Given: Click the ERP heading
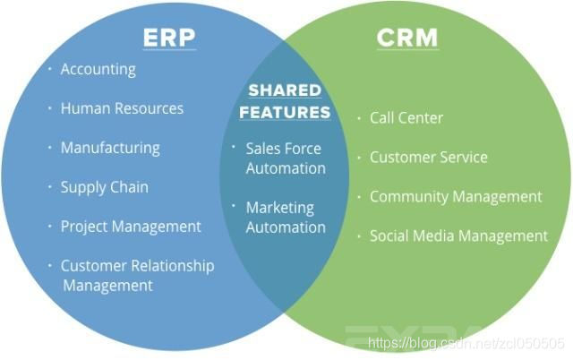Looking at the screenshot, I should point(169,39).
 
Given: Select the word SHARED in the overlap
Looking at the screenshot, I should point(283,91).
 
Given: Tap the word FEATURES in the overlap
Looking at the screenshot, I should point(285,113).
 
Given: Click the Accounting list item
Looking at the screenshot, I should point(98,69).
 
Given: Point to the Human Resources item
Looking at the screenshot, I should point(122,108).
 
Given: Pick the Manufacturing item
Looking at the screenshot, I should point(110,148).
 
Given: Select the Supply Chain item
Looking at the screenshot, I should point(104,187).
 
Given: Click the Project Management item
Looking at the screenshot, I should point(131,227).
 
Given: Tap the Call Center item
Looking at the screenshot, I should point(406,118).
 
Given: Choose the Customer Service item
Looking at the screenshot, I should point(429,158).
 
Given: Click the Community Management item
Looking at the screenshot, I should point(456,197).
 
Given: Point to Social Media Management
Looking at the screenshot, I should point(458,236).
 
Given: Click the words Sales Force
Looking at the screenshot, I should point(283,149).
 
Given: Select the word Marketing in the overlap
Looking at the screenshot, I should point(280,208).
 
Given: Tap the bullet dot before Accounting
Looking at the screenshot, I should point(50,69).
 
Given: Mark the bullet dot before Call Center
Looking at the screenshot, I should point(360,118).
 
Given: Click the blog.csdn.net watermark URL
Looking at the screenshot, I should point(466,342).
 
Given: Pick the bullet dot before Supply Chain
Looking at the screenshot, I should point(50,187).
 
